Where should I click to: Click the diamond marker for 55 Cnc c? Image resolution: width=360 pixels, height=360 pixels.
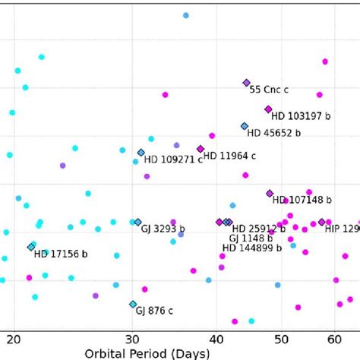point(246,83)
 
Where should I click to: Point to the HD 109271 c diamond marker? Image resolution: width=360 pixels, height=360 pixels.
point(141,153)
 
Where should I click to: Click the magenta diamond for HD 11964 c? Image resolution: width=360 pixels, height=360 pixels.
point(201,149)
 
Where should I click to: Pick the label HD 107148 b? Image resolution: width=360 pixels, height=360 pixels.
point(302,201)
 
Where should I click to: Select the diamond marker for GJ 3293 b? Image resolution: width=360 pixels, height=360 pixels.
point(137,222)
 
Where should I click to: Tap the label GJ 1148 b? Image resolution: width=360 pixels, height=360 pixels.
point(251,238)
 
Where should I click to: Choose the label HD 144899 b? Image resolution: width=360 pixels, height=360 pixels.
point(254,248)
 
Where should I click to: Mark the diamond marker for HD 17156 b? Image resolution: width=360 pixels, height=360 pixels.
point(31,247)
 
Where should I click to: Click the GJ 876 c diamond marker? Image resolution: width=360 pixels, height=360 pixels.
point(133,304)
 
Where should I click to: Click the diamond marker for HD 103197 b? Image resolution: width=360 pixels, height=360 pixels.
point(268,109)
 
